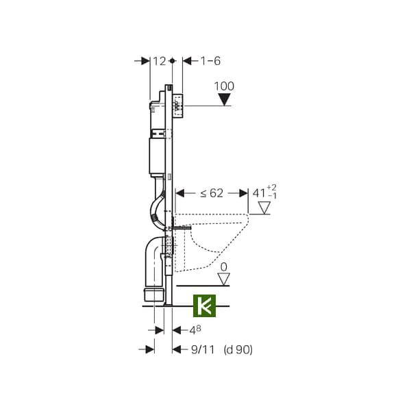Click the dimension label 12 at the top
click(160, 62)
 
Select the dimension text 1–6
click(210, 61)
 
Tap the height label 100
click(224, 86)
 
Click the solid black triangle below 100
click(225, 100)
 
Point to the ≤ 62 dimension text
click(212, 193)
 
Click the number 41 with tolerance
click(259, 193)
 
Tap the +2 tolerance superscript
click(271, 188)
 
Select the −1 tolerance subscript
click(273, 196)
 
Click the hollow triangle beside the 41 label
click(264, 208)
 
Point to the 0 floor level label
click(224, 267)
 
